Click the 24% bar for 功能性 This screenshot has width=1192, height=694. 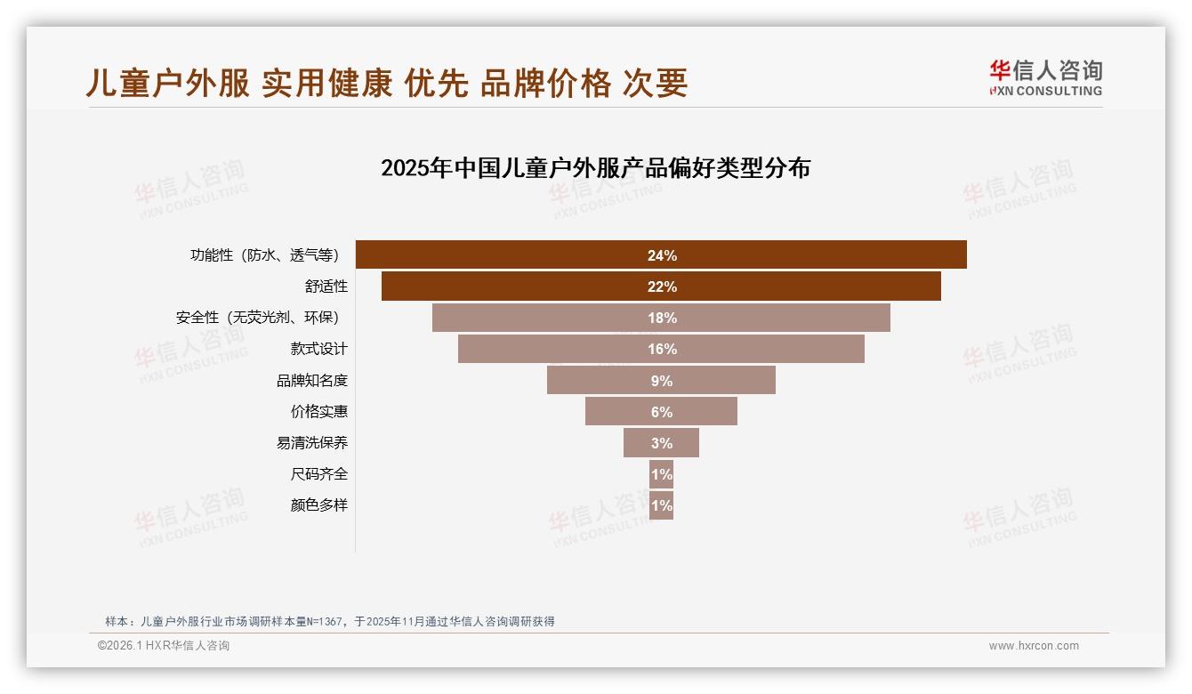point(661,254)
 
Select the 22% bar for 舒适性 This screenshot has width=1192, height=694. point(661,286)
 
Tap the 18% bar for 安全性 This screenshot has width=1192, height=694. point(661,318)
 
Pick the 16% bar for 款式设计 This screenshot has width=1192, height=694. point(661,349)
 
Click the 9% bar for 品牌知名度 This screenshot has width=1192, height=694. point(661,380)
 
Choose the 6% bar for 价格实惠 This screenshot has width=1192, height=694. point(661,412)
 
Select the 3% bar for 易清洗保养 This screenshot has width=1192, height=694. point(661,443)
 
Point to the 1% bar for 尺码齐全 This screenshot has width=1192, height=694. point(661,474)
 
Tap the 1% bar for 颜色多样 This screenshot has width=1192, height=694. point(661,505)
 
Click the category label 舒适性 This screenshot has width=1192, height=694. point(326,286)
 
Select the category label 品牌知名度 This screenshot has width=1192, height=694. point(311,381)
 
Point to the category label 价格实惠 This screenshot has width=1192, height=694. point(318,412)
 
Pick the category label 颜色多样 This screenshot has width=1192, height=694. point(318,505)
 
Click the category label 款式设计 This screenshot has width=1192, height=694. point(318,349)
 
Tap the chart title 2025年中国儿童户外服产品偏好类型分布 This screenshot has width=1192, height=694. point(595,168)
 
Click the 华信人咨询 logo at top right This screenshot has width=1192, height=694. point(1045,77)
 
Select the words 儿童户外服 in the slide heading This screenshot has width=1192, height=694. point(167,84)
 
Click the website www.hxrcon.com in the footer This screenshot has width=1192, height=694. point(1034,646)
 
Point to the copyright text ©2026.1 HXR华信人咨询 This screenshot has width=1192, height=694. point(163,646)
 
